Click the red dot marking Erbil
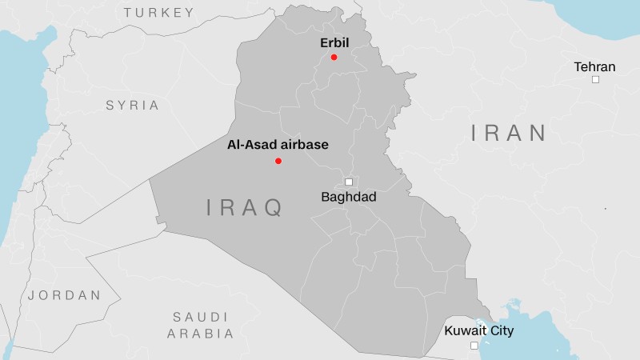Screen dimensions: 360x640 coord(334,57)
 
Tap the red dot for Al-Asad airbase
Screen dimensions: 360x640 coord(278,161)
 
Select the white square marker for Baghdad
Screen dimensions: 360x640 coord(349,182)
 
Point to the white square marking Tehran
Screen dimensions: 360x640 coord(595,80)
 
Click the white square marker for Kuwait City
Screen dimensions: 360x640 coord(474,346)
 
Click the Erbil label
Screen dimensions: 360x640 coord(334,42)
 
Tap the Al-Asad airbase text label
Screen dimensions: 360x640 coord(278,146)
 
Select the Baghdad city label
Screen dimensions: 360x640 coord(348,197)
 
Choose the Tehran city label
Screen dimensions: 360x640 coord(595,66)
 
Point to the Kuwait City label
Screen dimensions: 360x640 coord(479,330)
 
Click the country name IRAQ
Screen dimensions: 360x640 coord(245,209)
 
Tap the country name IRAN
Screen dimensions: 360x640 coord(509,133)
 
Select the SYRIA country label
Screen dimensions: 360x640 coord(133,105)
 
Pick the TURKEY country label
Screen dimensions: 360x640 coord(159,12)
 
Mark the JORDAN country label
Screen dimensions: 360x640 coord(65,295)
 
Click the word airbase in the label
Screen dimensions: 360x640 coord(303,146)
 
